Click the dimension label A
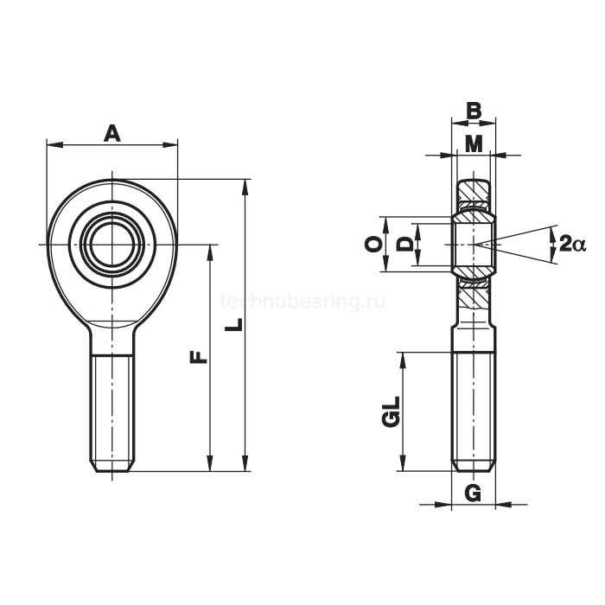coord(111,133)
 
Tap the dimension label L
coord(234,324)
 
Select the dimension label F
coord(199,357)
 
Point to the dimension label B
coord(474,111)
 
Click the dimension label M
coord(474,144)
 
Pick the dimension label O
coord(373,244)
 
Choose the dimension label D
coord(404,245)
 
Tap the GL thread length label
coord(390,411)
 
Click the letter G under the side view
coord(473,493)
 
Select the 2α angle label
coord(572,244)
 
